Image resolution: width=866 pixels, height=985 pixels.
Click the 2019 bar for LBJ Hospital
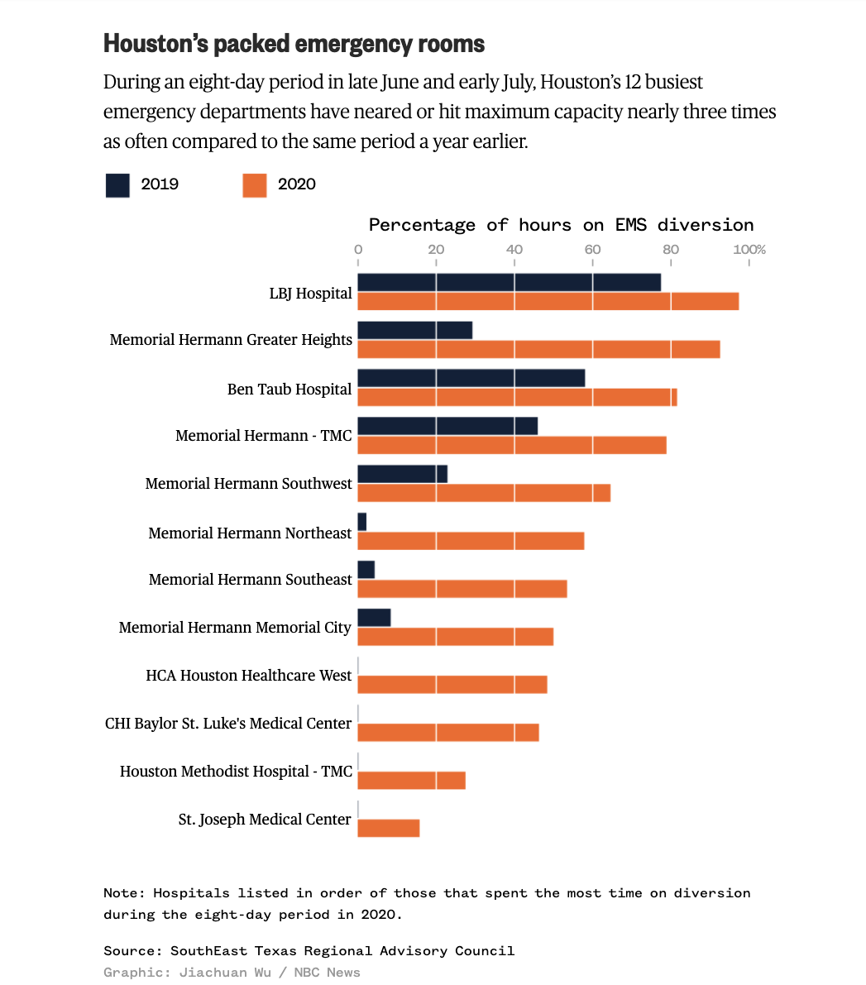[509, 283]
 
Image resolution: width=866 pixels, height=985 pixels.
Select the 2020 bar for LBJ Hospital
[548, 301]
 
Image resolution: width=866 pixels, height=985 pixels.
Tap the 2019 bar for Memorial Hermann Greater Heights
[414, 331]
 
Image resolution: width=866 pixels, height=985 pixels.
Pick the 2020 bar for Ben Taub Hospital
[517, 397]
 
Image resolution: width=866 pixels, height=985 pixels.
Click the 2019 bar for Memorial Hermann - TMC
[447, 427]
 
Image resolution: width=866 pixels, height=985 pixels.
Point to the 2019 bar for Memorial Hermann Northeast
[361, 523]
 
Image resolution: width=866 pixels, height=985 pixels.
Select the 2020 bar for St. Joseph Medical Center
[389, 828]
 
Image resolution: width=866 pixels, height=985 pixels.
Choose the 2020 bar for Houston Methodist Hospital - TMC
[411, 780]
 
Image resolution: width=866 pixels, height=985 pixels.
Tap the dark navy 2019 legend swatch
[117, 185]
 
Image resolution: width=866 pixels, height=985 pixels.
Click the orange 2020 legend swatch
[255, 185]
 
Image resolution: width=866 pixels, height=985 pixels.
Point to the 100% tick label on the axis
[750, 250]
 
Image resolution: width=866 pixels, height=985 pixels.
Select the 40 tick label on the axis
[514, 250]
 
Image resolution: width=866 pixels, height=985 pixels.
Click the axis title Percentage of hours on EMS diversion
[561, 225]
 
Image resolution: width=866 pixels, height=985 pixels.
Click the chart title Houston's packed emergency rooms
[294, 44]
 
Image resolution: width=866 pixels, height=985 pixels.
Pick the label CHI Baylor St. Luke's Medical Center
[228, 724]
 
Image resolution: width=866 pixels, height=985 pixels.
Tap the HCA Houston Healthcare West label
[249, 676]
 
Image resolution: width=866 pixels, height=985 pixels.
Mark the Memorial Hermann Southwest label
[249, 484]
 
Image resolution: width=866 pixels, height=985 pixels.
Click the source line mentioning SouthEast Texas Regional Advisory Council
[309, 951]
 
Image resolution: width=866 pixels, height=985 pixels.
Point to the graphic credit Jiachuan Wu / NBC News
[232, 973]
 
